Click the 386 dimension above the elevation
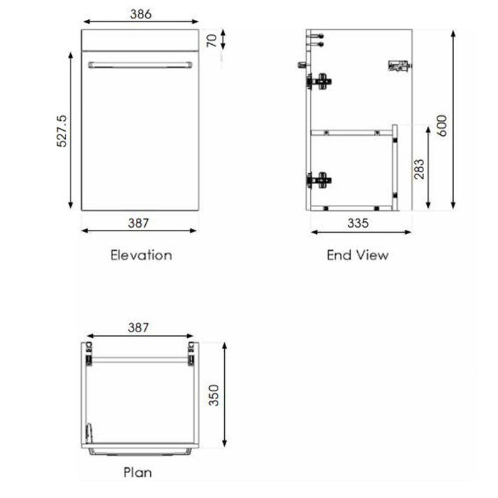click(x=141, y=14)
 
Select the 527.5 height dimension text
click(x=62, y=131)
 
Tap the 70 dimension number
click(x=212, y=40)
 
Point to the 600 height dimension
click(x=442, y=126)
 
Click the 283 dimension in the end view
click(x=419, y=169)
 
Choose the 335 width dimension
click(x=358, y=223)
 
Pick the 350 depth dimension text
click(x=213, y=395)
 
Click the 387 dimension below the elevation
click(x=139, y=223)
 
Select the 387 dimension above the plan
click(x=139, y=327)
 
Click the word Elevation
click(x=141, y=255)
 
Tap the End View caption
click(x=358, y=255)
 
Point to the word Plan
click(x=137, y=472)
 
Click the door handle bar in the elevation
click(x=140, y=65)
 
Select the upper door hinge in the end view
click(x=319, y=82)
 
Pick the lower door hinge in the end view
click(x=319, y=181)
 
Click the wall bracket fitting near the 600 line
click(x=400, y=65)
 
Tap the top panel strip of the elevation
click(x=140, y=40)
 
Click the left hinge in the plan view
click(x=89, y=354)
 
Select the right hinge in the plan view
click(x=191, y=354)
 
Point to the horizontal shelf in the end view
click(x=351, y=133)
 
